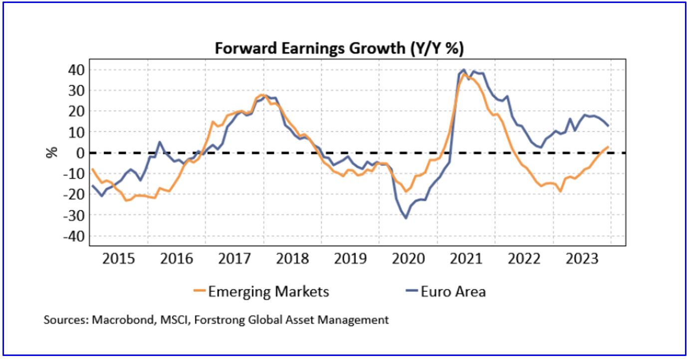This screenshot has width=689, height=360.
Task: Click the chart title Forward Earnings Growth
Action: coord(340,48)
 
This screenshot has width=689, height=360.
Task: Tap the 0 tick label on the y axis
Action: coord(78,153)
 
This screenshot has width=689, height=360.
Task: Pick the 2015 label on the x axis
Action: coord(118,259)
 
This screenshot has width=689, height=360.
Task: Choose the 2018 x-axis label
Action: coord(292,259)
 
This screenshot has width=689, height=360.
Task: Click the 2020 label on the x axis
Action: coord(408,259)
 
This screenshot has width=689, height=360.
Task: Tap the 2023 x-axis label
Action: coord(581,259)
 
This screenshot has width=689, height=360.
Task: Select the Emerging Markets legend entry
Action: coord(268,291)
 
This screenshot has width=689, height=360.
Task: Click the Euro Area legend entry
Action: coord(453,291)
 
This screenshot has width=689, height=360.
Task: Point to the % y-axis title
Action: coord(52,152)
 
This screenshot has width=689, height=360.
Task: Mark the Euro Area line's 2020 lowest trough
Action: coord(406,218)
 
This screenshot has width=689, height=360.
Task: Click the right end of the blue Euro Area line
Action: coord(608,125)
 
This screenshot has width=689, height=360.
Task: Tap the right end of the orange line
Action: coord(608,147)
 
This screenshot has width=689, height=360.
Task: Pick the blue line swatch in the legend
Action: coord(410,292)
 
